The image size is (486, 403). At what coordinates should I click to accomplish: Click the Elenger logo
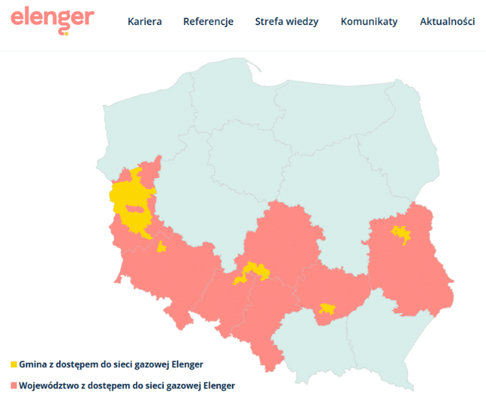click(52, 17)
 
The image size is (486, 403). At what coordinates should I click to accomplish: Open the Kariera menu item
click(144, 22)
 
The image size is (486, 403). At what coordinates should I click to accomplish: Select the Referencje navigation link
click(208, 22)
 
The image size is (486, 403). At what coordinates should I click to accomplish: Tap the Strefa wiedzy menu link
click(286, 22)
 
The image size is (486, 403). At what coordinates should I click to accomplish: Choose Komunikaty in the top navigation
click(369, 22)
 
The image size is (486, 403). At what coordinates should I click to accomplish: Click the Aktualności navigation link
click(447, 22)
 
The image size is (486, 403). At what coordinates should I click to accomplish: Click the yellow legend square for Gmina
click(14, 364)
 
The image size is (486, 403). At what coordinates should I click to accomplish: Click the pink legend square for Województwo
click(14, 386)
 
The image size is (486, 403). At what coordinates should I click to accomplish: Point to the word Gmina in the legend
click(34, 364)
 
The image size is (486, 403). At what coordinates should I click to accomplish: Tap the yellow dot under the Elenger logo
click(66, 33)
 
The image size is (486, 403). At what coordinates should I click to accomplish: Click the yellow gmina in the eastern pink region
click(400, 234)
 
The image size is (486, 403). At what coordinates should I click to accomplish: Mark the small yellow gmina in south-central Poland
click(327, 308)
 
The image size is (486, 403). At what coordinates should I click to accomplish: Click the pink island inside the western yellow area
click(135, 209)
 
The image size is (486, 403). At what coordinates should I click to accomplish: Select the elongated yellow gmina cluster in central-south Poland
click(252, 272)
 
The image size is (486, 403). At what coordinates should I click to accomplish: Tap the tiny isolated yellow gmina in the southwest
click(161, 246)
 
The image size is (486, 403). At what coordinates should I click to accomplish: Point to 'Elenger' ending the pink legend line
click(215, 386)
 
